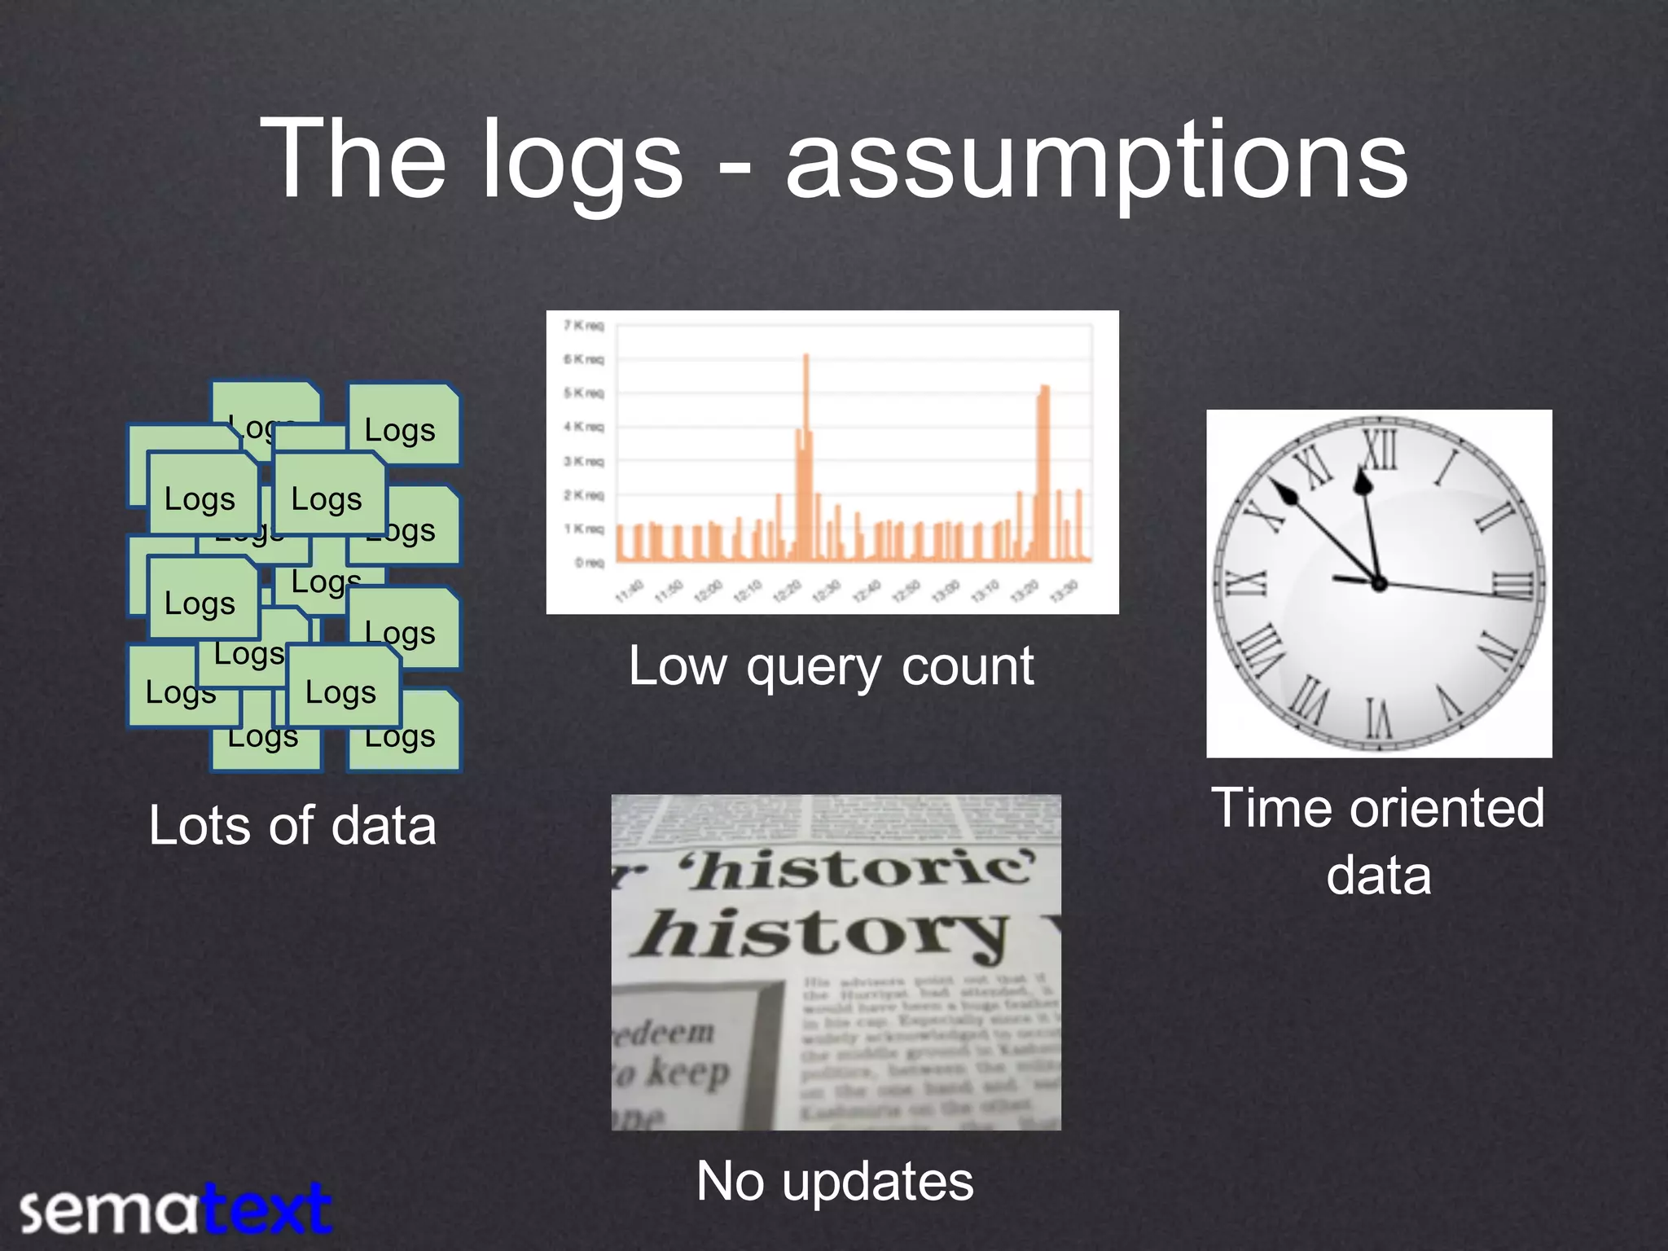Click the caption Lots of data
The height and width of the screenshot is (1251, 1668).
pyautogui.click(x=292, y=826)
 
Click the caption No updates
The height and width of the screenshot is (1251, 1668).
pyautogui.click(x=835, y=1182)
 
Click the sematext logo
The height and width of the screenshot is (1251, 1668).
pyautogui.click(x=175, y=1209)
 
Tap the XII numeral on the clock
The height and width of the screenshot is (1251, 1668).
pyautogui.click(x=1381, y=450)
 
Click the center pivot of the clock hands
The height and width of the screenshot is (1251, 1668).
pyautogui.click(x=1379, y=583)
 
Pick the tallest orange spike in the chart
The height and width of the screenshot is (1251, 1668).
pyautogui.click(x=806, y=358)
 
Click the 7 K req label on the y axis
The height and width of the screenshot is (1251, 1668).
pyautogui.click(x=584, y=326)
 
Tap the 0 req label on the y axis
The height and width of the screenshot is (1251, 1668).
pyautogui.click(x=590, y=562)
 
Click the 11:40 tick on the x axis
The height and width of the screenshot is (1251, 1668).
pyautogui.click(x=630, y=590)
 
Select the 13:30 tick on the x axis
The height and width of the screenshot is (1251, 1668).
pyautogui.click(x=1064, y=590)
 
